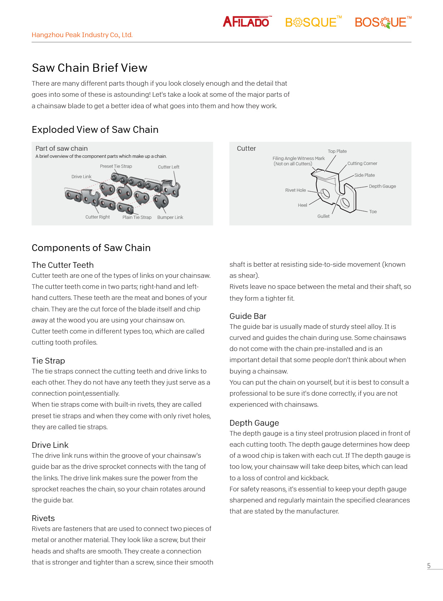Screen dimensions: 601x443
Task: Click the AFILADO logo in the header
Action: point(247,22)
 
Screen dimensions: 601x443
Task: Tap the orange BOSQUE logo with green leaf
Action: point(382,22)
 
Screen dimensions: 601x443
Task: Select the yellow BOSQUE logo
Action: point(312,22)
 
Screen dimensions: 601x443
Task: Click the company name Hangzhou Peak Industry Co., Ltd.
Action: point(82,35)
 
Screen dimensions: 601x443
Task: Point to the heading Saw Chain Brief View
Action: point(89,68)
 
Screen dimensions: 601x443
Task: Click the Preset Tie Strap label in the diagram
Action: point(116,166)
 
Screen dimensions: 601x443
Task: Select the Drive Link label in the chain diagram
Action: point(81,177)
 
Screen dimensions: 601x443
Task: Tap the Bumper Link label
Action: point(170,217)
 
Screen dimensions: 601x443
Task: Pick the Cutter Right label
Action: point(98,217)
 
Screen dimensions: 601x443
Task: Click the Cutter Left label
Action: point(169,167)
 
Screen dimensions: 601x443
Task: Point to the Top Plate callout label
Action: point(337,151)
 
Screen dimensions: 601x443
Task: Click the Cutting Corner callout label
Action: point(362,164)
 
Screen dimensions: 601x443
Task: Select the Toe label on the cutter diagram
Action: point(373,212)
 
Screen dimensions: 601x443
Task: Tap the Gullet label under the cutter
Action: point(323,216)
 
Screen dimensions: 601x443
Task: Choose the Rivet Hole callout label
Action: point(295,190)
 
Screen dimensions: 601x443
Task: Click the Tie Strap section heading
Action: point(48,361)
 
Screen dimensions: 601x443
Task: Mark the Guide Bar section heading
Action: point(248,316)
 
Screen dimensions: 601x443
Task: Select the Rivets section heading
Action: point(43,518)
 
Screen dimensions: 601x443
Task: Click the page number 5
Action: point(429,566)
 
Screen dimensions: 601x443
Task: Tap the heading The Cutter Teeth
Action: point(63,265)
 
